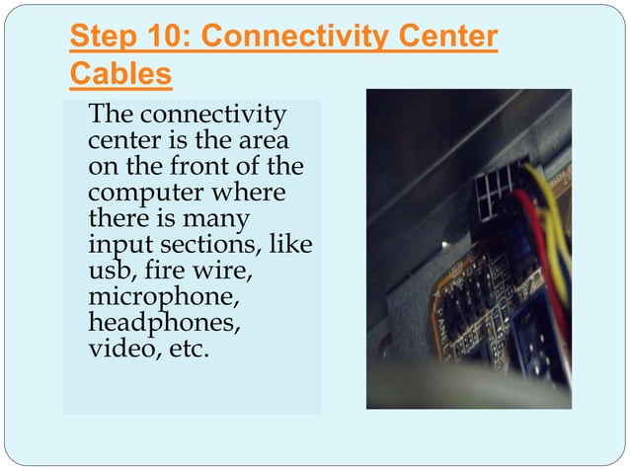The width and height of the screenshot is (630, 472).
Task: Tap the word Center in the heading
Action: [448, 37]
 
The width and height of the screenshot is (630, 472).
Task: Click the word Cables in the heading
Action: [120, 73]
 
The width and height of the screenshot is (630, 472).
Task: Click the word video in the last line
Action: [122, 348]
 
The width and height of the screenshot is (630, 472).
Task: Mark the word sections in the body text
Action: [207, 244]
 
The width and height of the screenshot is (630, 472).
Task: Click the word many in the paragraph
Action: [215, 220]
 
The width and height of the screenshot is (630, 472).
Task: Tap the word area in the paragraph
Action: [264, 141]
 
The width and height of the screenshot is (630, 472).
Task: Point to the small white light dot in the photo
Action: [444, 244]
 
